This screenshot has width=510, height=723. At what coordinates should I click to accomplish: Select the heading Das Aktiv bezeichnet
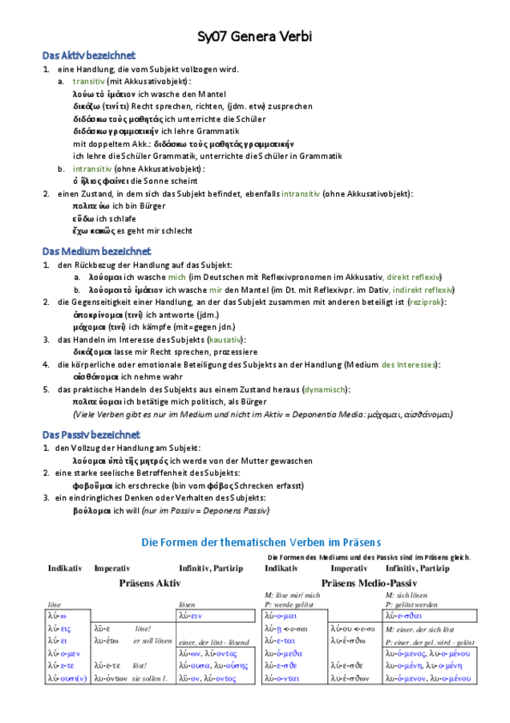(x=89, y=55)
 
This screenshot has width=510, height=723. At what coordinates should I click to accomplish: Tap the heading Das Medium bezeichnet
(x=96, y=251)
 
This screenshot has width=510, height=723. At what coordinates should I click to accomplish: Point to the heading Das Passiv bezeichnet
(x=91, y=434)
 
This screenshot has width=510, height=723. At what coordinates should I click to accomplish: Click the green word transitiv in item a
(x=88, y=82)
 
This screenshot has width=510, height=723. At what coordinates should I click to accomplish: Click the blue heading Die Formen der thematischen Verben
(x=255, y=542)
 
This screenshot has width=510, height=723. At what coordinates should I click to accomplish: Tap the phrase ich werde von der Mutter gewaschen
(x=241, y=461)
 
